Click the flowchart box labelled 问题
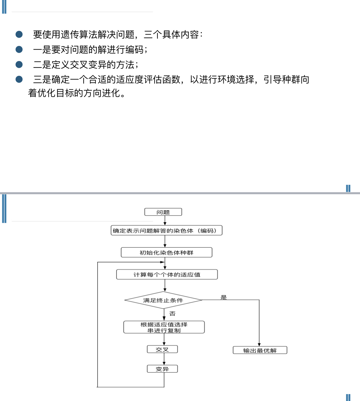(x=163, y=212)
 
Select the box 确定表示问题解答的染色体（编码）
(x=166, y=231)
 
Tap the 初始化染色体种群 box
(x=166, y=253)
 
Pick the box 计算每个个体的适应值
(x=167, y=275)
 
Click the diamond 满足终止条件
(x=163, y=300)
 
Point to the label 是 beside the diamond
(x=224, y=297)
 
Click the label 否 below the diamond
(x=172, y=314)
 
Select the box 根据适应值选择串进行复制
(x=164, y=327)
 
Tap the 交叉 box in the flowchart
(x=162, y=349)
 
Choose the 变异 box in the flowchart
(x=162, y=369)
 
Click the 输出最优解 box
(x=260, y=350)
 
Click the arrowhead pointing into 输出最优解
(x=259, y=345)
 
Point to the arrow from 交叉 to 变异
(x=164, y=359)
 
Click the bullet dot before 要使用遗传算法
(x=19, y=34)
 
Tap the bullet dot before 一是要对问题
(x=19, y=49)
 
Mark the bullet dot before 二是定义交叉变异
(x=19, y=64)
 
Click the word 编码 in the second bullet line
(x=134, y=50)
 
